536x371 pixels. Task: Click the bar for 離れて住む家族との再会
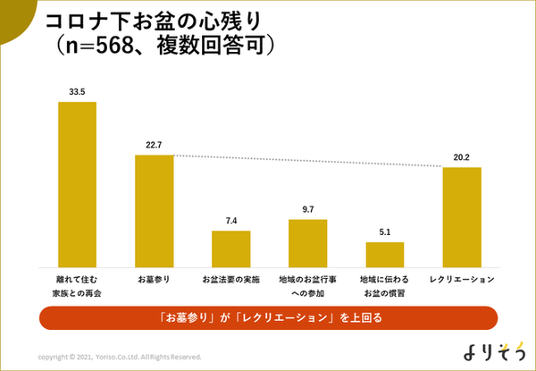(x=77, y=184)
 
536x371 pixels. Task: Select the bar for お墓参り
(x=154, y=211)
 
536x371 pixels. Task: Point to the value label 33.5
(x=77, y=91)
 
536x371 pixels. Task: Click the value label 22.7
(x=154, y=145)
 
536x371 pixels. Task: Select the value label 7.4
(x=230, y=221)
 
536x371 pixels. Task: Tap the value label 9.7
(x=307, y=209)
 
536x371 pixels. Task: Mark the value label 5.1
(x=385, y=232)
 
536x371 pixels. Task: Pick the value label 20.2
(x=462, y=157)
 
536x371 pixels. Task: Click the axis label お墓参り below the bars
(x=154, y=279)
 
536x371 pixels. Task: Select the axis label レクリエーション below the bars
(x=462, y=279)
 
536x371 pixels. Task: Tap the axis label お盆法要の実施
(x=230, y=279)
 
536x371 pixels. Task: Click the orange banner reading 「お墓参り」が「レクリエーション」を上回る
(x=267, y=317)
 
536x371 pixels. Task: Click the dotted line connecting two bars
(x=307, y=161)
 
